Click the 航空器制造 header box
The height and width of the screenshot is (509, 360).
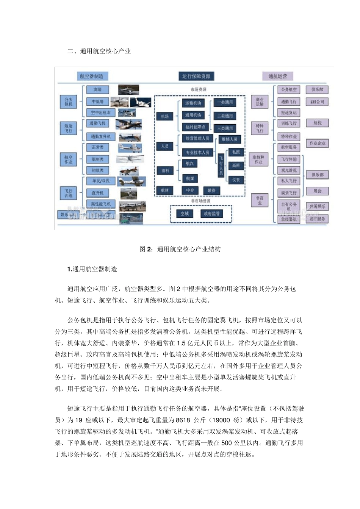tap(92, 76)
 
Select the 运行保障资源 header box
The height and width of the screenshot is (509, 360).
tap(196, 76)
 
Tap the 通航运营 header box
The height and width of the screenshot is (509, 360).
tap(278, 76)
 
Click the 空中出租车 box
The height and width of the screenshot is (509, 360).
tap(100, 112)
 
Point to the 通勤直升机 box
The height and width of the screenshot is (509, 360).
tap(100, 136)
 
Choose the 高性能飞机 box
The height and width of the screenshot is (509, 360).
tap(100, 204)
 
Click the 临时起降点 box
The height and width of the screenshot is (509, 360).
tap(195, 127)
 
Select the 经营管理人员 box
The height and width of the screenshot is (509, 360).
tap(197, 139)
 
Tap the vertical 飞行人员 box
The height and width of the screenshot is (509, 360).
tap(221, 166)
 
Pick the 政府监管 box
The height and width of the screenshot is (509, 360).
tap(212, 214)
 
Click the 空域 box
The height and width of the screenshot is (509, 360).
tap(185, 214)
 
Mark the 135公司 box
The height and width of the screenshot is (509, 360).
tap(317, 102)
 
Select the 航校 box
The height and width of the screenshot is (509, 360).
tap(317, 123)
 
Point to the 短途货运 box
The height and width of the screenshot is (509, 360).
tap(289, 112)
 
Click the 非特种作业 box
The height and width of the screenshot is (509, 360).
tap(259, 159)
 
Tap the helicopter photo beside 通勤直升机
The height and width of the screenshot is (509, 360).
tap(130, 137)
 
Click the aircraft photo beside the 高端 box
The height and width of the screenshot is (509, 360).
tap(128, 90)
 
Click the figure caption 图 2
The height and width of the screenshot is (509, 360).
tap(180, 249)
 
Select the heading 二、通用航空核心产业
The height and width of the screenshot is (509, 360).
tap(99, 51)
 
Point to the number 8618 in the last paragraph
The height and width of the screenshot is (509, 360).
tap(183, 420)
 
